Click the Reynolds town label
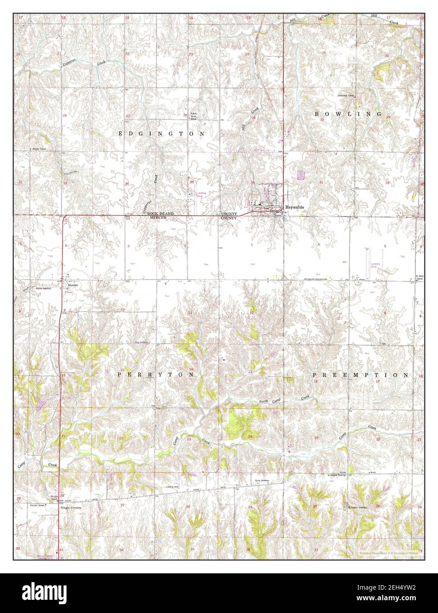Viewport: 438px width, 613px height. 294,206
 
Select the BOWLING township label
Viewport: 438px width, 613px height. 348,114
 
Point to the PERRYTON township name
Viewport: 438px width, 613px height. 156,374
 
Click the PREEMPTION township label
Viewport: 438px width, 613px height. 360,375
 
